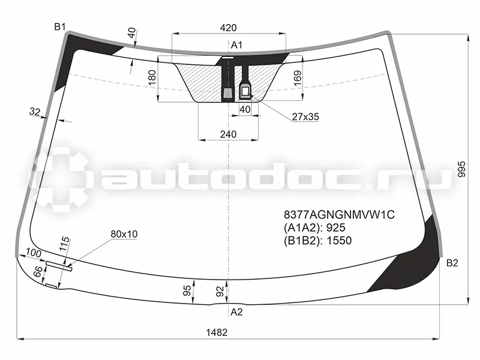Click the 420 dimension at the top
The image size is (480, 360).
(x=228, y=28)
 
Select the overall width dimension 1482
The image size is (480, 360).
(x=217, y=332)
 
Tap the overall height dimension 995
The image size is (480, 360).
(x=461, y=169)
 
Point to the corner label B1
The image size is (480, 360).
(x=60, y=27)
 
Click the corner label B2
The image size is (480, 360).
(x=452, y=263)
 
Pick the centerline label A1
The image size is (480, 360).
(x=236, y=45)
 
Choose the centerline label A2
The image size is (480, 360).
(x=236, y=312)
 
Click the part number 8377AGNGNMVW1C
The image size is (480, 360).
(x=339, y=215)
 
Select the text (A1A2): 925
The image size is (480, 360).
(x=314, y=228)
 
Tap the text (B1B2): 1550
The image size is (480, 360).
(x=318, y=241)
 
